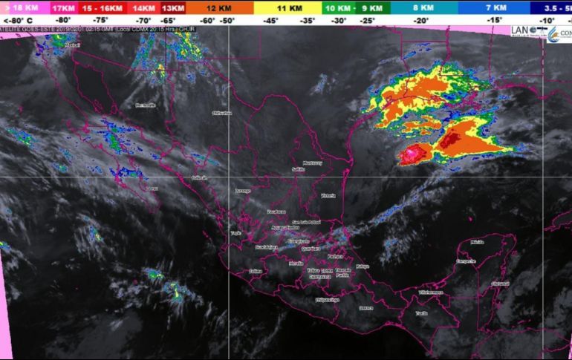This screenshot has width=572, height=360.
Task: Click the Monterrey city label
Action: pos(312,163)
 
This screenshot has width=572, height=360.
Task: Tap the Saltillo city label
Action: pos(299,170)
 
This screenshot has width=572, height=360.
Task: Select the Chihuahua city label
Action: pos(222,113)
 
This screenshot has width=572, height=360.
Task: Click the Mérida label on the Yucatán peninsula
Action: pos(477,242)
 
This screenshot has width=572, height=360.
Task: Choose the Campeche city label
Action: pos(466,261)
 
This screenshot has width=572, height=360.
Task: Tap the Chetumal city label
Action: pos(501,284)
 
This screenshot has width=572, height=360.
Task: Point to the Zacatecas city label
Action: pos(276,212)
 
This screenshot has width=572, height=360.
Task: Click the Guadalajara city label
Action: pos(266,246)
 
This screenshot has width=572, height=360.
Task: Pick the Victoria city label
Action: pos(328,195)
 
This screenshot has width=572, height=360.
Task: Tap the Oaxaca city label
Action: pos(365,307)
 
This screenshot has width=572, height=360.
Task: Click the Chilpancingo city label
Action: pos(327,300)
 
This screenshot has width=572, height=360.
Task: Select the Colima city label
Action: pos(256,271)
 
